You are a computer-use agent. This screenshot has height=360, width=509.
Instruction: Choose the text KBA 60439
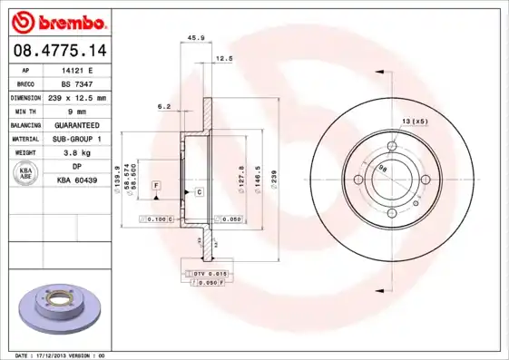point(77,180)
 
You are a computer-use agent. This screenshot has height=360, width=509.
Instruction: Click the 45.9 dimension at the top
point(193,37)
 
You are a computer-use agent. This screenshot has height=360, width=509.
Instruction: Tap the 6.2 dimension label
point(164,106)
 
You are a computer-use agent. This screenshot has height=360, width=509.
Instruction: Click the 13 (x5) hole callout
point(415,121)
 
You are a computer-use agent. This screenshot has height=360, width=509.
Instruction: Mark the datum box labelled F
point(157,185)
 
